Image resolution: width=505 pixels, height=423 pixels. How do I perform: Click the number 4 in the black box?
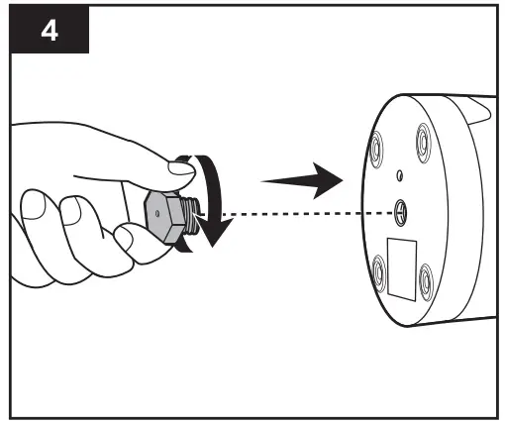[50, 31]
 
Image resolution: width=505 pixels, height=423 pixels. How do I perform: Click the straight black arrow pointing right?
[302, 180]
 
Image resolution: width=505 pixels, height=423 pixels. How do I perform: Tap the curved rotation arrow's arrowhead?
[215, 233]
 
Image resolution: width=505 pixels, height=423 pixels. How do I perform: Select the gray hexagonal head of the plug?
[164, 217]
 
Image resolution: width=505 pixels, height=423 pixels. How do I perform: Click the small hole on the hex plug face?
[157, 214]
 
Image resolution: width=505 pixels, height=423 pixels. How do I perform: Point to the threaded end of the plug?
[191, 215]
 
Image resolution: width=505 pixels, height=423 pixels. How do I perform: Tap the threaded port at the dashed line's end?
[400, 213]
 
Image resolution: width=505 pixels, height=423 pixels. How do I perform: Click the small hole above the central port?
[399, 175]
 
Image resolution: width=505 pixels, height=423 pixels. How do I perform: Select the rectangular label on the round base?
[402, 269]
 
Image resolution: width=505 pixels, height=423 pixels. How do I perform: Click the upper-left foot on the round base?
[376, 149]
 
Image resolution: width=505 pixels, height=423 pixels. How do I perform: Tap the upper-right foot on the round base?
[424, 143]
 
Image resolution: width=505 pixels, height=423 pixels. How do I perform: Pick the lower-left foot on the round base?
[379, 273]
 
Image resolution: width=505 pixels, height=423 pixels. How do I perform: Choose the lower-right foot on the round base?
[426, 282]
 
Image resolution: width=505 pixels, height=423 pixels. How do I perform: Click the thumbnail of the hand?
[180, 167]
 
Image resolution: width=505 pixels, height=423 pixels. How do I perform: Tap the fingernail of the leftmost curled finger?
[33, 205]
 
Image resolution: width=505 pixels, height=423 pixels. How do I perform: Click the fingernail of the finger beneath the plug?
[124, 239]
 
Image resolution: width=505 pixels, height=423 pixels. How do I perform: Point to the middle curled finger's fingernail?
[70, 211]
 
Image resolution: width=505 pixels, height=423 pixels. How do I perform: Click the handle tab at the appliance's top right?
[479, 111]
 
